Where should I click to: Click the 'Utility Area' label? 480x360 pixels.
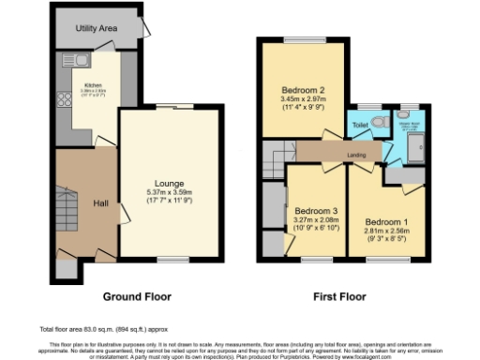(97, 30)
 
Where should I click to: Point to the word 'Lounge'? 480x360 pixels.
(170, 183)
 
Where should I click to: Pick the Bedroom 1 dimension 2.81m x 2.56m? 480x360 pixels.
(387, 231)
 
